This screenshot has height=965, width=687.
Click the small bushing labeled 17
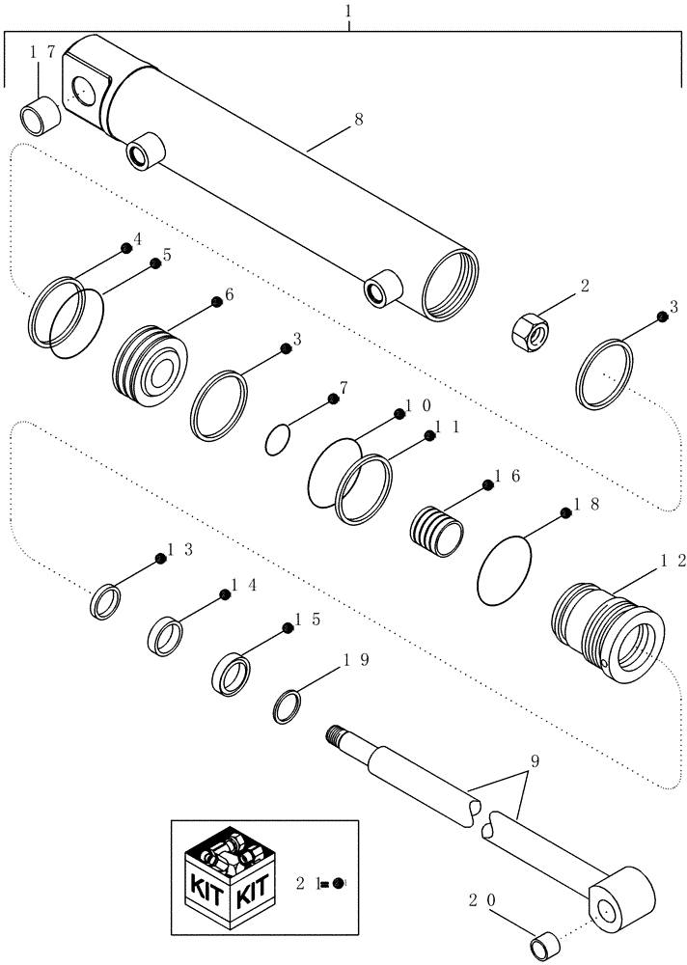40,115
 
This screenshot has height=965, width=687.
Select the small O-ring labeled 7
277,441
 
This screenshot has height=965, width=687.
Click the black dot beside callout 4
125,249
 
